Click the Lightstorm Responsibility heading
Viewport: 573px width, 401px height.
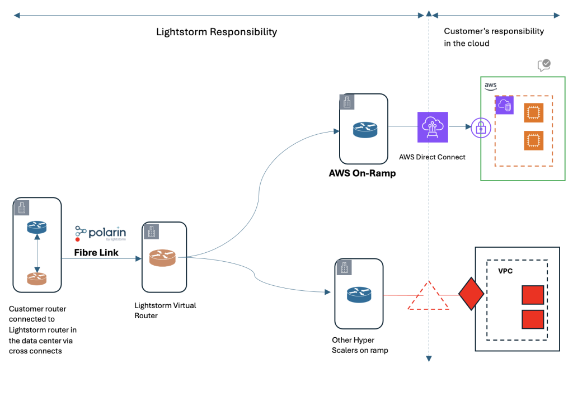click(x=216, y=32)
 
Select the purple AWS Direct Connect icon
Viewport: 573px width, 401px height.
click(x=433, y=127)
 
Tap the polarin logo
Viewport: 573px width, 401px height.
click(x=100, y=233)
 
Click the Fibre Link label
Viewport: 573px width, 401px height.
click(x=96, y=253)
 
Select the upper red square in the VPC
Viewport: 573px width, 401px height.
click(x=533, y=295)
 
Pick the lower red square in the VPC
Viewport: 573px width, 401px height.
click(x=533, y=319)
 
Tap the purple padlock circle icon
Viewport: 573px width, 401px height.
click(x=481, y=128)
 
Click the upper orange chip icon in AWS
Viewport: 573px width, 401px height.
click(x=533, y=113)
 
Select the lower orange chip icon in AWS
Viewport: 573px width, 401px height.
click(x=533, y=140)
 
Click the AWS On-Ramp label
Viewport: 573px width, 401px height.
click(x=362, y=173)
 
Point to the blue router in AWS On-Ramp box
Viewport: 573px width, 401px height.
click(x=365, y=130)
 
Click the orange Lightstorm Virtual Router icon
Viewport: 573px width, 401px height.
click(x=162, y=258)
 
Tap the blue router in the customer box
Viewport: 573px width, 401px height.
click(x=37, y=227)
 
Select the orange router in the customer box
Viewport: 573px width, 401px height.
click(x=37, y=278)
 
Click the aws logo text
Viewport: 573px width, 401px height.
click(x=491, y=86)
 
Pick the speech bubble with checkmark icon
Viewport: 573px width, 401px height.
click(x=544, y=65)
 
